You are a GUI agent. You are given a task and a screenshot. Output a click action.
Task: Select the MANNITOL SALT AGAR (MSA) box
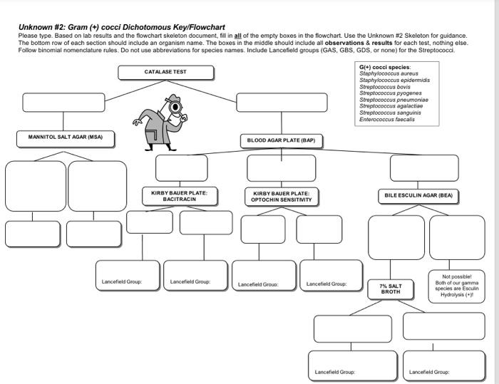click(x=65, y=137)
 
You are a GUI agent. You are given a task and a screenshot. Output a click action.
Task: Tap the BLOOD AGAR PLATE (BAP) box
click(x=280, y=140)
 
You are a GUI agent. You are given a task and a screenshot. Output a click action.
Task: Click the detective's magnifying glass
click(x=175, y=108)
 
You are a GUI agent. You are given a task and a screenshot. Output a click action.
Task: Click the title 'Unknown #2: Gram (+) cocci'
click(x=121, y=27)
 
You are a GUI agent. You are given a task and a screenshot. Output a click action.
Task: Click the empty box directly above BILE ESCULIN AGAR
click(x=424, y=168)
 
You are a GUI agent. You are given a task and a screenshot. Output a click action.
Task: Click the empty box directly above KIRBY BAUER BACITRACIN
click(x=181, y=168)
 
